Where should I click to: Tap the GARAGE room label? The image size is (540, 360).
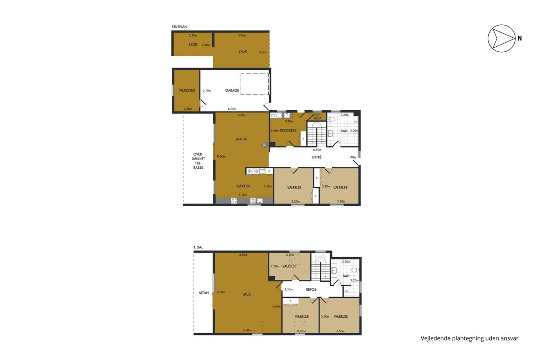232,90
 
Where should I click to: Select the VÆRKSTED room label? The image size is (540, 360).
187,90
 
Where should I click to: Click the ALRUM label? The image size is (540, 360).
241,139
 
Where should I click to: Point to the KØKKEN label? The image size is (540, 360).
243,186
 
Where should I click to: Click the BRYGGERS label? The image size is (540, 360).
288,130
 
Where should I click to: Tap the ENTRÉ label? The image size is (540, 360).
316,157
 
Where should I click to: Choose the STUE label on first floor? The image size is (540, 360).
247,294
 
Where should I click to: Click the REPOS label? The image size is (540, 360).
311,289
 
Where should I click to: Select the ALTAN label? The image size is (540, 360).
203,293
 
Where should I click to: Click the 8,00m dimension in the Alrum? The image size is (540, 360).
221,157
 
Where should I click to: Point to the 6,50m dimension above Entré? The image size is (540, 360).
317,150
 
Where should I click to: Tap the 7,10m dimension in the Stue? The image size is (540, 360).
221,292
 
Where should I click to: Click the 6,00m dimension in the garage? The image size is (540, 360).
232,109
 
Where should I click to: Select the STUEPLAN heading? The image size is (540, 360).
180,27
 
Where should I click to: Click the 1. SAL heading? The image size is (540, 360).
198,247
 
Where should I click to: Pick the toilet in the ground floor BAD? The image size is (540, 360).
332,119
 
